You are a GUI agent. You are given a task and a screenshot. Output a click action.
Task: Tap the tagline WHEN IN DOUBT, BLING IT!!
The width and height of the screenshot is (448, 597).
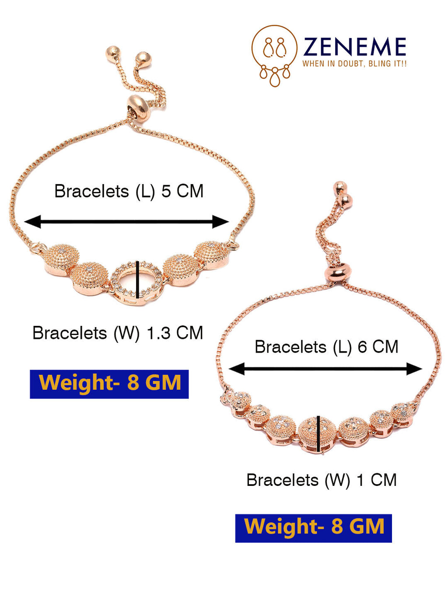(x=354, y=64)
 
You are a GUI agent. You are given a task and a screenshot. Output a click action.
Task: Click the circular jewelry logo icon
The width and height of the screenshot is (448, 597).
(x=274, y=56)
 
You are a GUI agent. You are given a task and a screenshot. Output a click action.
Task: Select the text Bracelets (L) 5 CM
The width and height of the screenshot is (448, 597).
(x=129, y=191)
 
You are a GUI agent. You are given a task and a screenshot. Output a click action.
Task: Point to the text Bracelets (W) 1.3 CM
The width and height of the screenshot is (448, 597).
(x=118, y=332)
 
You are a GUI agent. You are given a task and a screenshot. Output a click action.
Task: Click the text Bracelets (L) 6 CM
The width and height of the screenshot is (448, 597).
(x=326, y=347)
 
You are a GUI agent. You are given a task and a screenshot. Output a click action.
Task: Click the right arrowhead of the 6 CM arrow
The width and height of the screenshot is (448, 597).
(x=414, y=369)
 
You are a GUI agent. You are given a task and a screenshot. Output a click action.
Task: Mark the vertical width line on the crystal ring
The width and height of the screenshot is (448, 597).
(x=137, y=279)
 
